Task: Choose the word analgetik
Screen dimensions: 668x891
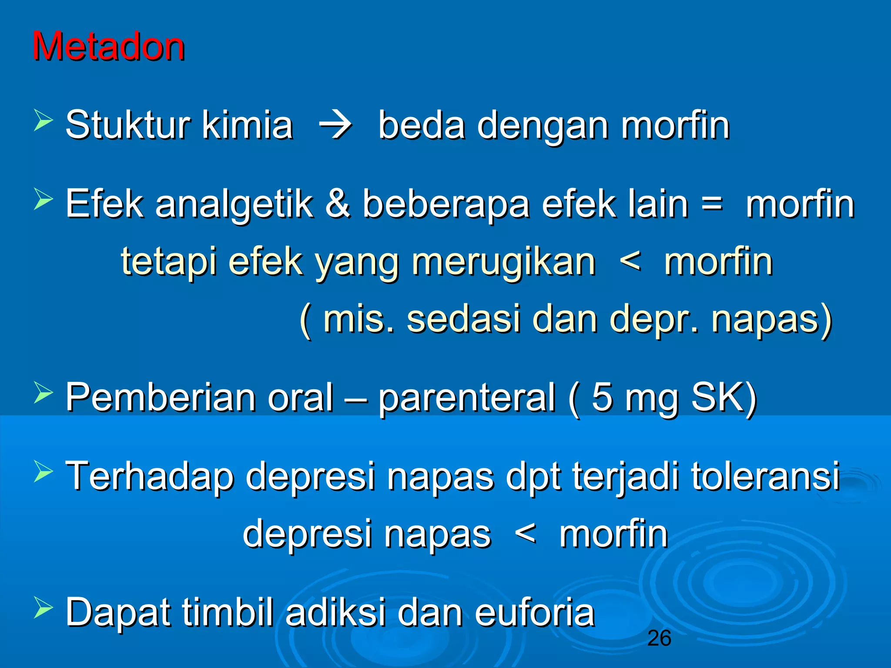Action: pos(234,204)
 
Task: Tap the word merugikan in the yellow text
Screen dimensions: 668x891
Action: pos(503,262)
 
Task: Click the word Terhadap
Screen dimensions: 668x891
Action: pos(150,477)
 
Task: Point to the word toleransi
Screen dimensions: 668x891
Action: pos(765,476)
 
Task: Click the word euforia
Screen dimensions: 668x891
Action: pos(535,612)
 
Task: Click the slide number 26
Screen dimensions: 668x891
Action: pos(659,638)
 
